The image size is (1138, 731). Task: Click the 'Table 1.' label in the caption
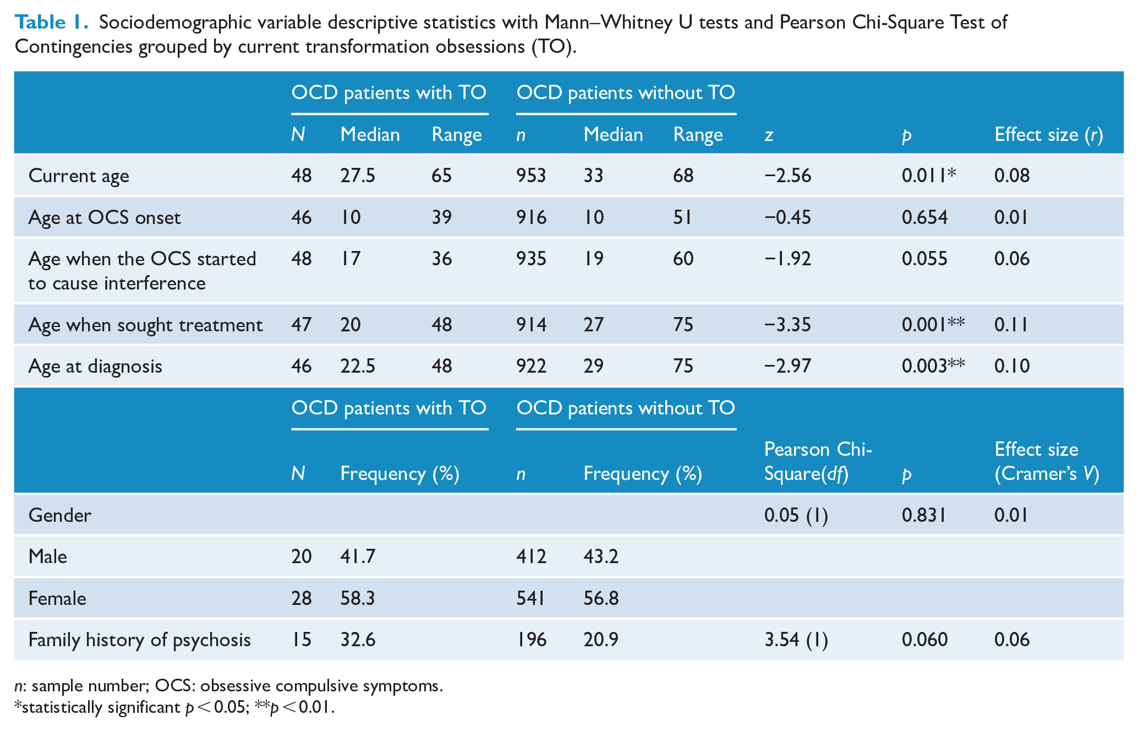(x=51, y=22)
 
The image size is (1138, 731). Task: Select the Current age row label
(x=79, y=176)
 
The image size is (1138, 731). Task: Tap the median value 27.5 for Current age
(x=358, y=176)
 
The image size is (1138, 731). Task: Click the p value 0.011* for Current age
(x=929, y=176)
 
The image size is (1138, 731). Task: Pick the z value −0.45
(x=787, y=217)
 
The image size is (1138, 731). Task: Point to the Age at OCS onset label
(x=105, y=218)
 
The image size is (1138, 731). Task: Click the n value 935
(x=531, y=259)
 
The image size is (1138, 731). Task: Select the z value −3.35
(x=787, y=325)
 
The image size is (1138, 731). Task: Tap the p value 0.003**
(x=933, y=366)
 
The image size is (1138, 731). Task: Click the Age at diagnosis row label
(x=95, y=367)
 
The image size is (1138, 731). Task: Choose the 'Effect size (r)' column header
(x=1049, y=135)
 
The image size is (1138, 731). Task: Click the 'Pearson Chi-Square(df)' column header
(x=818, y=461)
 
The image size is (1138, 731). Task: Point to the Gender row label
(x=59, y=515)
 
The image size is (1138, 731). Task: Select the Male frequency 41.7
(x=358, y=557)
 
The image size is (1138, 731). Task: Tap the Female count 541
(x=530, y=598)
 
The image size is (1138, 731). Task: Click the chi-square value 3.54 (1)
(x=796, y=640)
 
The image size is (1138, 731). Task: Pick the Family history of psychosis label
(x=140, y=640)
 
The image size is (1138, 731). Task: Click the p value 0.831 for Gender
(x=924, y=515)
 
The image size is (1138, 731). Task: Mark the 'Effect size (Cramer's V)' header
(x=1047, y=461)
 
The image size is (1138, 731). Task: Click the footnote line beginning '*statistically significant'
(x=174, y=707)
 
